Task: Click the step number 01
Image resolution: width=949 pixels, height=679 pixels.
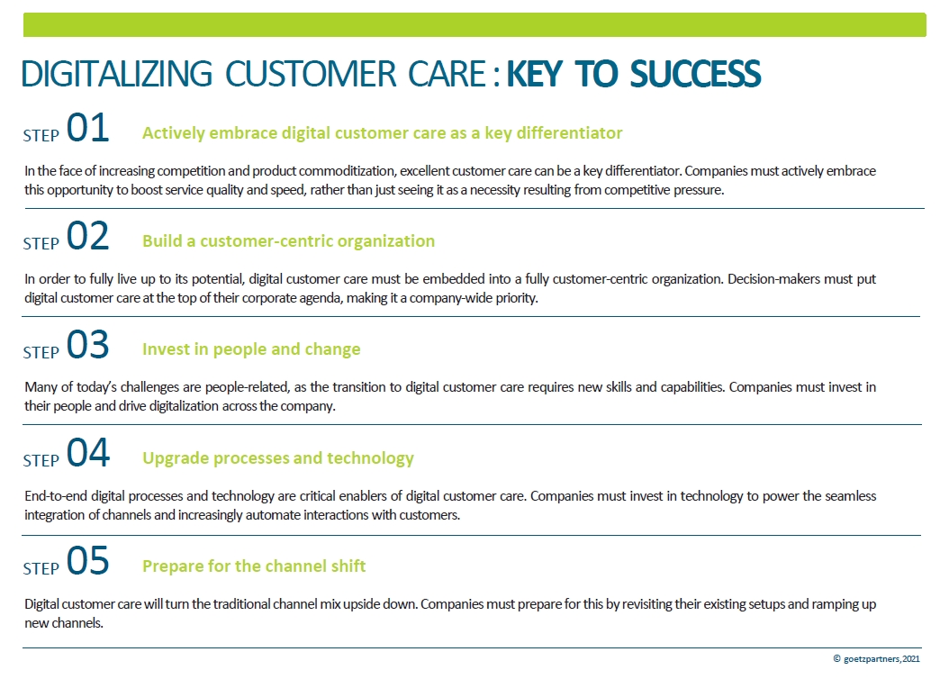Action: tap(87, 128)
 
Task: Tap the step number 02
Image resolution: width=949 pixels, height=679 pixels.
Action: tap(87, 236)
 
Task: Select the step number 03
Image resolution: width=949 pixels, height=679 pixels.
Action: tap(87, 344)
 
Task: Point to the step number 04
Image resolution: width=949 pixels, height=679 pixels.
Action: tap(87, 453)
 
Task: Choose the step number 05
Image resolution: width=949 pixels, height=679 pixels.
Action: tap(87, 561)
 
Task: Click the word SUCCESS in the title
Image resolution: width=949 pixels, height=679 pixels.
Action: tap(695, 74)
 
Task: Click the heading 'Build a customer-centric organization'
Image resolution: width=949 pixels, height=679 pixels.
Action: tap(289, 240)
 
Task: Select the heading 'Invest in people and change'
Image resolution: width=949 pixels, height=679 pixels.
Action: tap(251, 349)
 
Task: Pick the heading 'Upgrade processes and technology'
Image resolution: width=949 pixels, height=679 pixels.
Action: tap(278, 458)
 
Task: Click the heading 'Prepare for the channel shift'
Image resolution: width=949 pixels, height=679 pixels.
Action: tap(254, 566)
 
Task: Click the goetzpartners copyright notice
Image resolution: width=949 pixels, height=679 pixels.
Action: tap(876, 658)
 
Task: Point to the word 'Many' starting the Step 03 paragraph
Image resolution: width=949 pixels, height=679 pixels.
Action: tap(40, 387)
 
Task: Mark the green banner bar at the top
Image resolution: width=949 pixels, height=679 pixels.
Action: tap(474, 25)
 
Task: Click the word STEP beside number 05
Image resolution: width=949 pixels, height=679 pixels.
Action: tap(41, 568)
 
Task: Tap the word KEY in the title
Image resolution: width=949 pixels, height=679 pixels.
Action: tap(535, 74)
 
